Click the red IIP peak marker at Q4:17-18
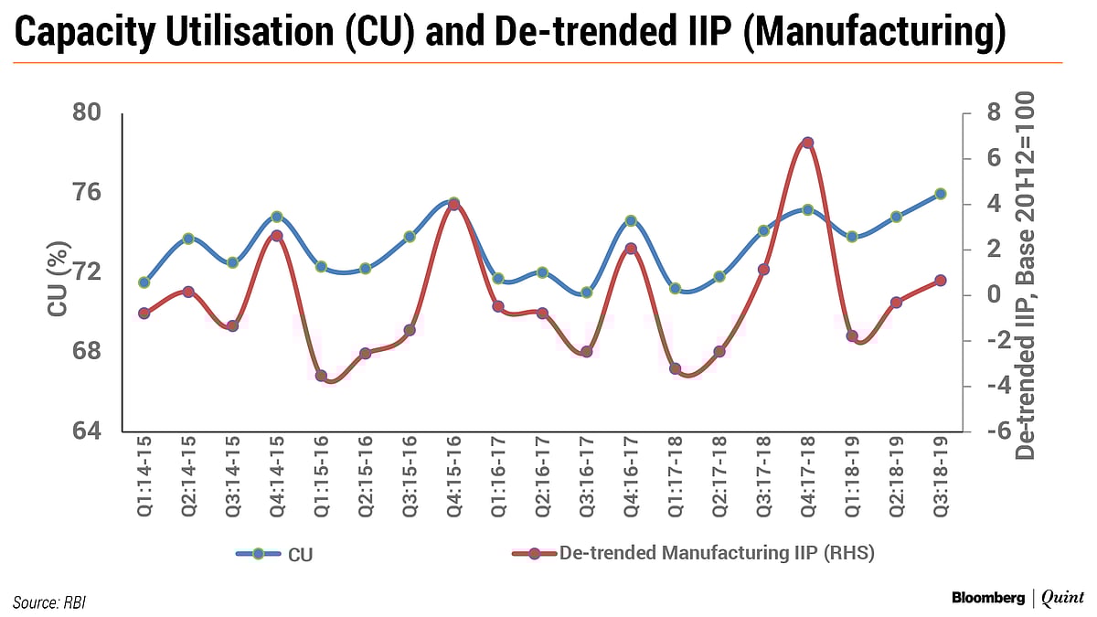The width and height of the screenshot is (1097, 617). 807,143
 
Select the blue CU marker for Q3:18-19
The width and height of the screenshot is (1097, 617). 940,194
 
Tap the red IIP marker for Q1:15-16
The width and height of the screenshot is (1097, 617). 321,376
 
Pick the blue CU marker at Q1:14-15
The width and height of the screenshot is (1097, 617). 144,282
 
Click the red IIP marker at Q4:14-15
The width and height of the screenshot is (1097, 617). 277,236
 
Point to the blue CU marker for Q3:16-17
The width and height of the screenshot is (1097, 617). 586,293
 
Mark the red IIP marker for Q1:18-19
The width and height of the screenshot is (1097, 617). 851,336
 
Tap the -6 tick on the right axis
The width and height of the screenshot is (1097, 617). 991,431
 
